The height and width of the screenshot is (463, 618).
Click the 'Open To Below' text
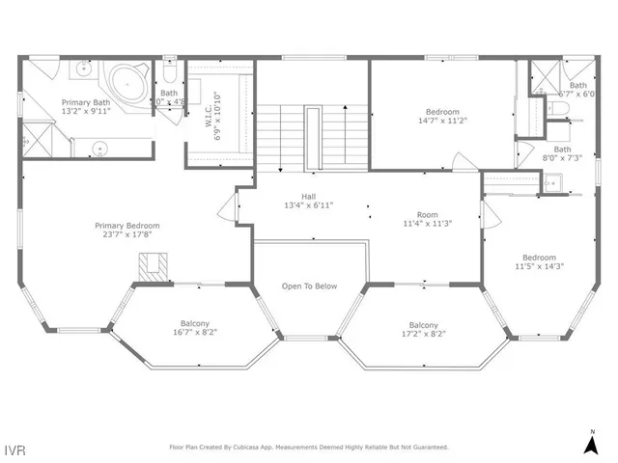309,286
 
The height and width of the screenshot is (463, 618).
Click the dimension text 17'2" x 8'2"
423,335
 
